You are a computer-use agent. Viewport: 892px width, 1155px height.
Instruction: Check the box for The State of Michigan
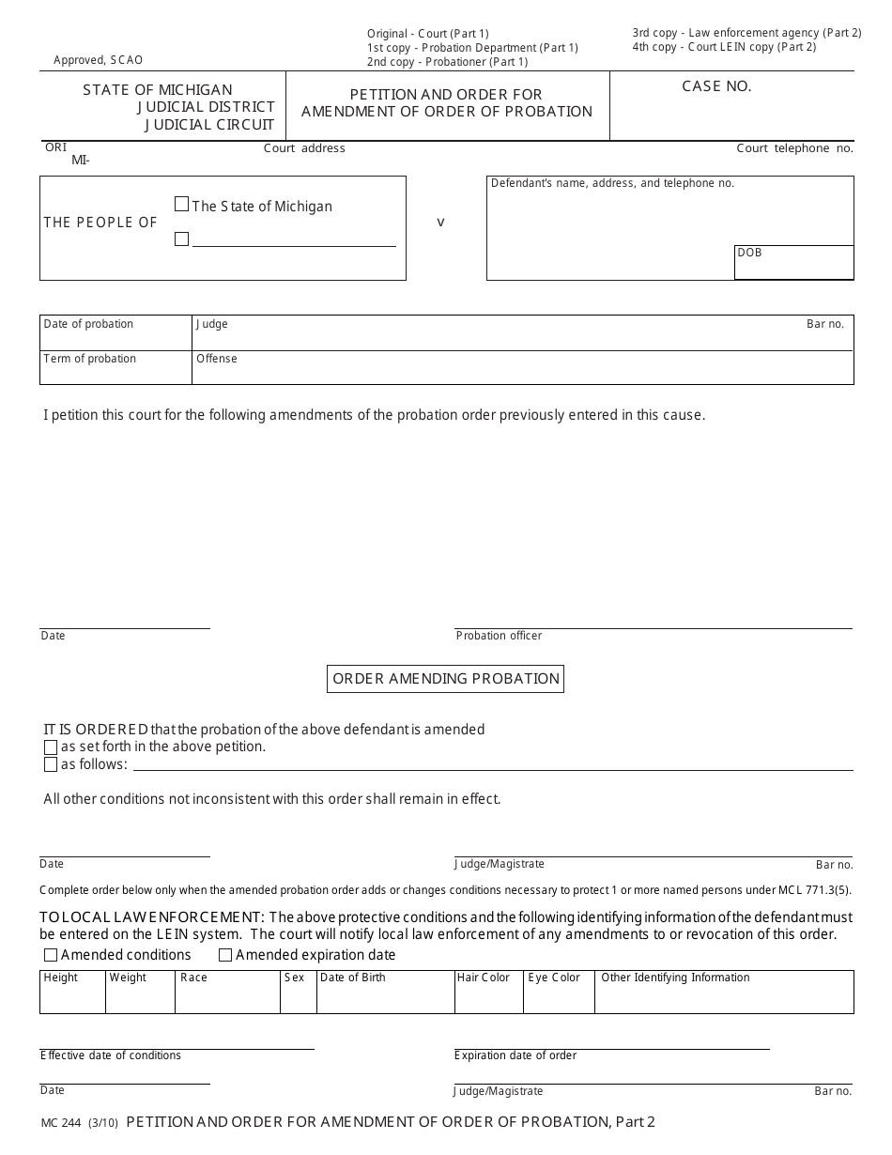[x=182, y=204]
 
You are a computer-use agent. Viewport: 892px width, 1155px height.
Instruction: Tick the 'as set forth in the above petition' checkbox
[x=51, y=747]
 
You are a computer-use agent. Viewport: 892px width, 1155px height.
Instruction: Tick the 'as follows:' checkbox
[x=51, y=765]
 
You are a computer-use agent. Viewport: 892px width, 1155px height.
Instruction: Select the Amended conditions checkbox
[x=51, y=956]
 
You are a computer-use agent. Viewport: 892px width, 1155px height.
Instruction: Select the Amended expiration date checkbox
[x=225, y=956]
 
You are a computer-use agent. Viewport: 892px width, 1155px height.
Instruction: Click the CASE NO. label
[x=716, y=86]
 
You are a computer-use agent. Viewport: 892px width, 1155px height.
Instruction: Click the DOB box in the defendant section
[x=793, y=262]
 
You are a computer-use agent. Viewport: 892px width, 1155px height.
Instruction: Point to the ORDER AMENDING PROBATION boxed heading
[x=445, y=678]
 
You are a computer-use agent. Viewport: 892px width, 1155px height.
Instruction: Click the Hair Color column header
[x=484, y=978]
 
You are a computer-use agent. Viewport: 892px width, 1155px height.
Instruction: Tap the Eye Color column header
[x=554, y=978]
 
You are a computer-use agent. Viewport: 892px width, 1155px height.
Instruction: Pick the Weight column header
[x=128, y=978]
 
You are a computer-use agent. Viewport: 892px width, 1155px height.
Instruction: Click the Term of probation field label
[x=90, y=359]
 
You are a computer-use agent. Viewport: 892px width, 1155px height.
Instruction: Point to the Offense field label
[x=217, y=359]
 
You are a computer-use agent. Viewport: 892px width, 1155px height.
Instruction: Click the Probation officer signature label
[x=499, y=636]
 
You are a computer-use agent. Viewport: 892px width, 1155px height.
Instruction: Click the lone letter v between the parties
[x=440, y=223]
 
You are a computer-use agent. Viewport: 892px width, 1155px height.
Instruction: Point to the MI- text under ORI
[x=81, y=161]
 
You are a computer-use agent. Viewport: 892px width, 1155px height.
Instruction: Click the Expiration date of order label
[x=515, y=1055]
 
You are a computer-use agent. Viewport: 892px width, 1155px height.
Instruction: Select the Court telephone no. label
[x=794, y=148]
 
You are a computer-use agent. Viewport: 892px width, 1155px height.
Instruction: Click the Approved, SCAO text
[x=99, y=60]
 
